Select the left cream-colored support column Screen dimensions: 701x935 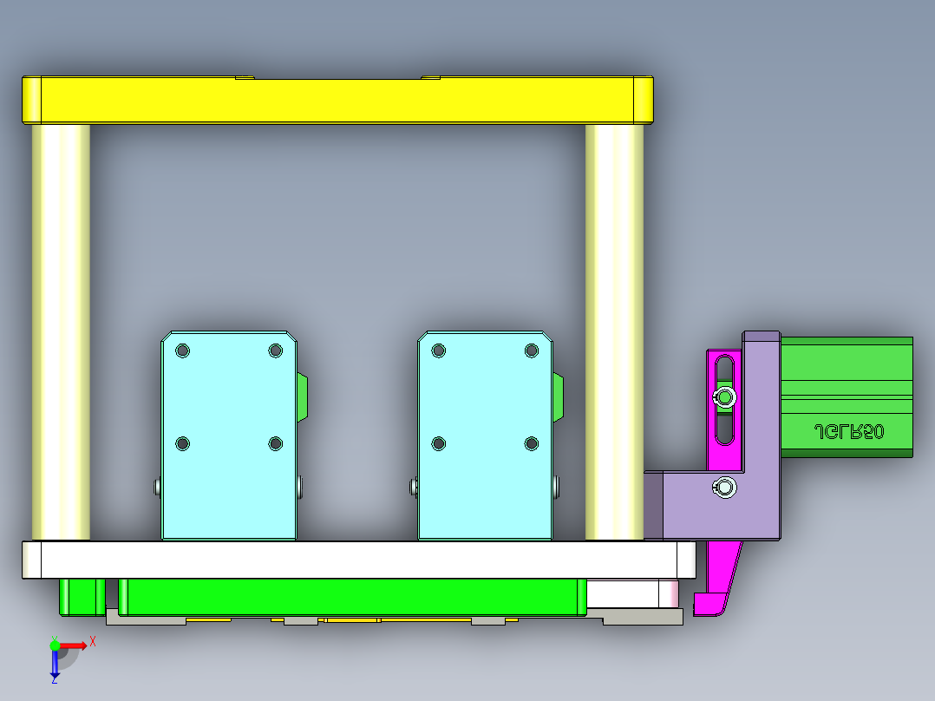click(x=61, y=330)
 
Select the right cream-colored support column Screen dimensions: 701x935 click(x=614, y=330)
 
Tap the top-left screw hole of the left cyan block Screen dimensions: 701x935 click(x=182, y=350)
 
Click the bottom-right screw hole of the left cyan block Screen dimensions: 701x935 click(x=275, y=443)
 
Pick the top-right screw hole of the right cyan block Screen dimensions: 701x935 click(x=532, y=350)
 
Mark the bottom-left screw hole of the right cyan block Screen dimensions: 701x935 click(x=438, y=443)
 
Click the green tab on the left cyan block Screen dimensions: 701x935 click(x=301, y=397)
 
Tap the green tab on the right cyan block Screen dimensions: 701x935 click(x=558, y=397)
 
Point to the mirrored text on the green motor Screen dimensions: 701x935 click(x=848, y=431)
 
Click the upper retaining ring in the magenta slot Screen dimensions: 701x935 click(x=723, y=398)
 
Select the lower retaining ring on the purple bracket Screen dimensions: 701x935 click(x=724, y=488)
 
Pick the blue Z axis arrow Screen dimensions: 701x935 click(x=55, y=665)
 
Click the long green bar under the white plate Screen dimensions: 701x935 click(x=351, y=596)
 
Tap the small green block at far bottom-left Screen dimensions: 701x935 click(x=82, y=596)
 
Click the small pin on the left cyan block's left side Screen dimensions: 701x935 click(x=157, y=487)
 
